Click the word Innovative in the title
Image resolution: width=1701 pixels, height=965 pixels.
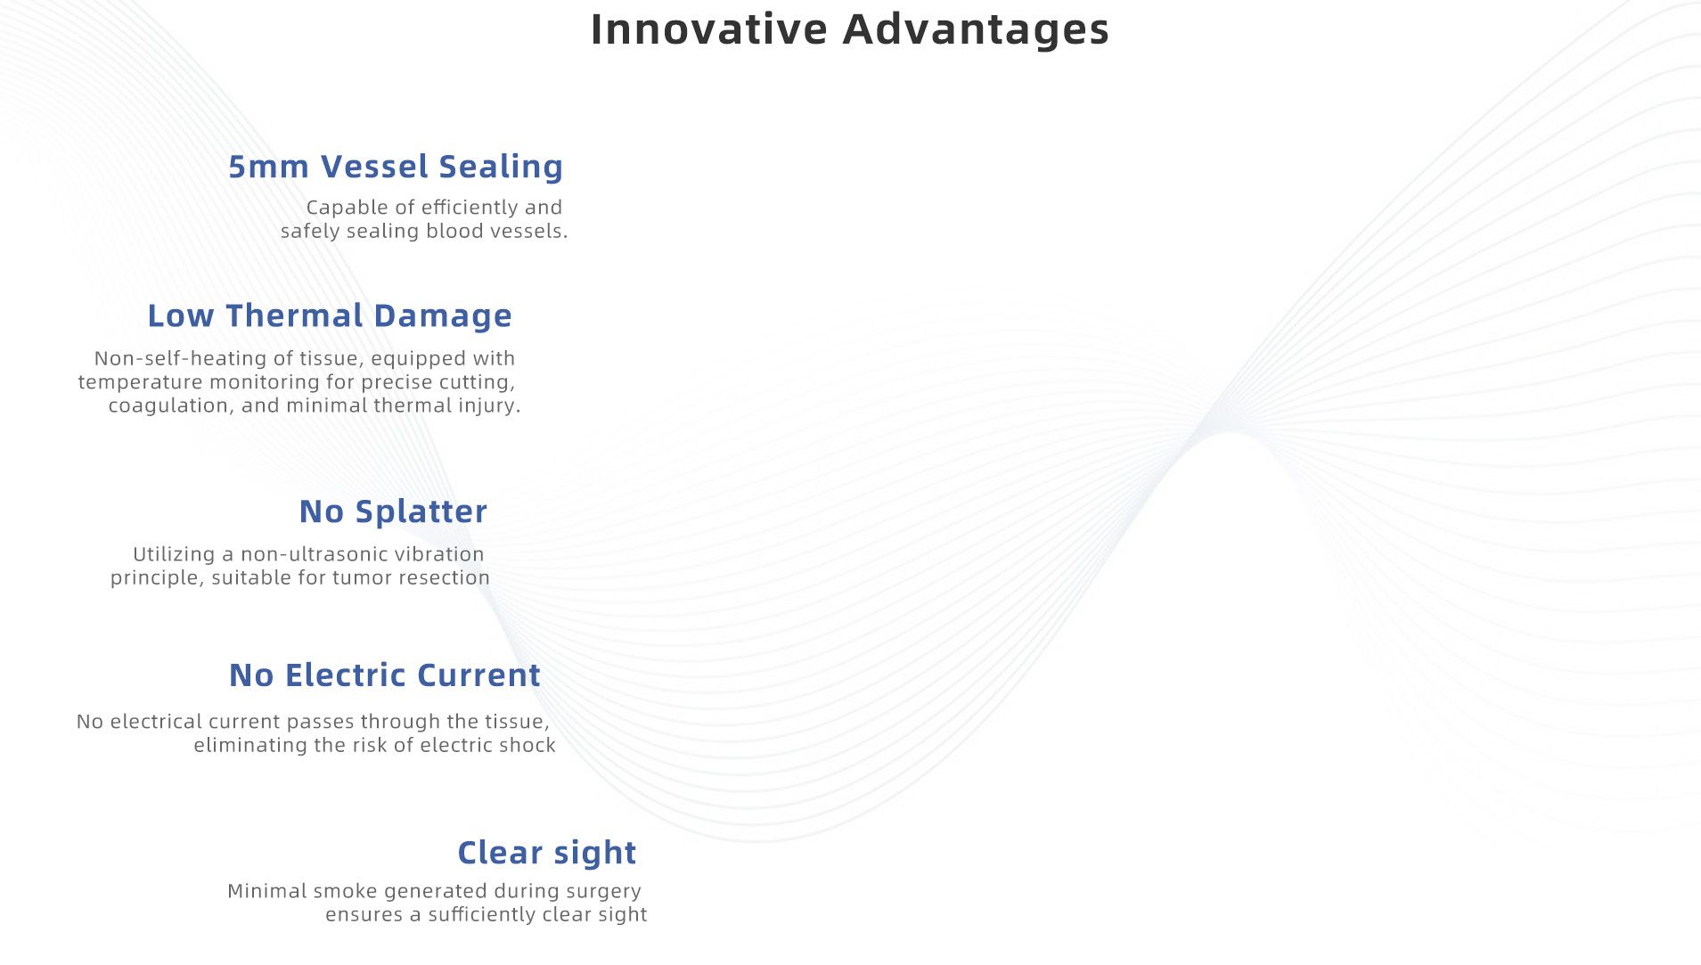coord(709,29)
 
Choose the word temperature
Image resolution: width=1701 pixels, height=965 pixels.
coord(140,383)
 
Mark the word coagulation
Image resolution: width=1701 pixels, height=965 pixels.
coord(171,406)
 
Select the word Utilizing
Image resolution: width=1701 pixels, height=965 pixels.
coord(174,555)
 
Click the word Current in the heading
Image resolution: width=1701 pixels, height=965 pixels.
coord(478,675)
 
